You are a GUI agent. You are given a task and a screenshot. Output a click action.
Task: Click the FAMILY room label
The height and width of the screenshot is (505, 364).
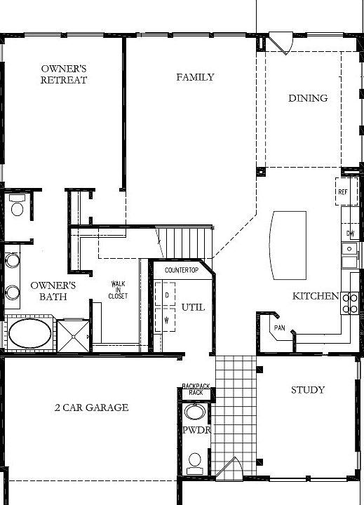pyautogui.click(x=195, y=77)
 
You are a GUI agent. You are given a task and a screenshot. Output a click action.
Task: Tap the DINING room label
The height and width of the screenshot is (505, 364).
pyautogui.click(x=308, y=98)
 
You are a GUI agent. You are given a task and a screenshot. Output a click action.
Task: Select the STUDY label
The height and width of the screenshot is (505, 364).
pyautogui.click(x=308, y=390)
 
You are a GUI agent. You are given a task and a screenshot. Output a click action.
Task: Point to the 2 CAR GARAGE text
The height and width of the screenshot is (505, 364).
pyautogui.click(x=91, y=408)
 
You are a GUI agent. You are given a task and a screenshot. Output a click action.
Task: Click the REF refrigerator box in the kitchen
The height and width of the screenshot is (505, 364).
pyautogui.click(x=346, y=191)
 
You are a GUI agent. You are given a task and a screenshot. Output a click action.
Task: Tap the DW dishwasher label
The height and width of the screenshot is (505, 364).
pyautogui.click(x=351, y=233)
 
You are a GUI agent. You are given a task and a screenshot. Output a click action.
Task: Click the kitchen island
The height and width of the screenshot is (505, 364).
pyautogui.click(x=288, y=245)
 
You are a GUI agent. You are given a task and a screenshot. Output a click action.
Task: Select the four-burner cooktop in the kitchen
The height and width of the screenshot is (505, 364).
pyautogui.click(x=350, y=303)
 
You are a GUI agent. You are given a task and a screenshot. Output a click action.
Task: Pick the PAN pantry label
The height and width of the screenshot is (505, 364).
pyautogui.click(x=279, y=328)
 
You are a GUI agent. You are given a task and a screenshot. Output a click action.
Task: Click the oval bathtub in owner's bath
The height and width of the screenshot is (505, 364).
pyautogui.click(x=29, y=333)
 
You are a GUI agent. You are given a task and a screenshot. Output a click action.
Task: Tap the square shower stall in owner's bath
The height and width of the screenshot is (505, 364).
pyautogui.click(x=73, y=336)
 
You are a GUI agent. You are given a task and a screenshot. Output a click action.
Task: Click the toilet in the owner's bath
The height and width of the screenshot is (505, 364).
pyautogui.click(x=17, y=205)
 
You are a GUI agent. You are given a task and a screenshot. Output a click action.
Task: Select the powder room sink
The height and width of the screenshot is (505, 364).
pyautogui.click(x=194, y=412)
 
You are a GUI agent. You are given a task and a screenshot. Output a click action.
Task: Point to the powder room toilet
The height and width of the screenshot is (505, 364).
pyautogui.click(x=195, y=464)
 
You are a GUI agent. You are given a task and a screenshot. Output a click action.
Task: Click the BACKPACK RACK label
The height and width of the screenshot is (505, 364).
pyautogui.click(x=196, y=389)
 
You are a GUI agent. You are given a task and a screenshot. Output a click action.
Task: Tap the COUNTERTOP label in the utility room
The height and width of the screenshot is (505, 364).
pyautogui.click(x=182, y=270)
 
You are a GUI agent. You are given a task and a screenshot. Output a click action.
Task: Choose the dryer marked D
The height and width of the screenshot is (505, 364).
pyautogui.click(x=166, y=294)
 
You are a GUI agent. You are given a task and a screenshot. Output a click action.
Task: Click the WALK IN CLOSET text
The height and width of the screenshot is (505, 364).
pyautogui.click(x=118, y=290)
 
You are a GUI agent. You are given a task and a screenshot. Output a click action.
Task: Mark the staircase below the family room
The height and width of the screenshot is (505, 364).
pyautogui.click(x=184, y=243)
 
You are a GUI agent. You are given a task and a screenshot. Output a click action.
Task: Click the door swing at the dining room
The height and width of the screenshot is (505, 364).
pyautogui.click(x=281, y=43)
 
